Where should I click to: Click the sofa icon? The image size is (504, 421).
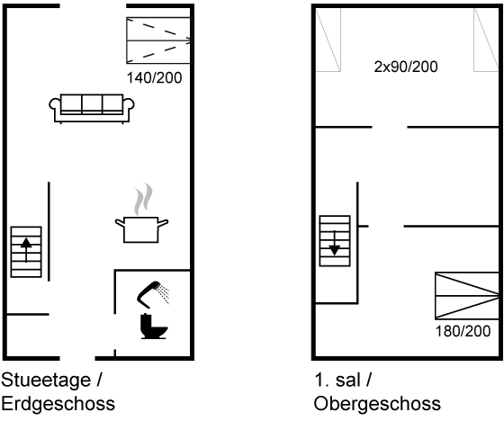click(x=92, y=109)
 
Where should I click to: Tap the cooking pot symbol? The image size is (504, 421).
click(x=141, y=229)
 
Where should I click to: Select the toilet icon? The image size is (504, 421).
click(x=154, y=327)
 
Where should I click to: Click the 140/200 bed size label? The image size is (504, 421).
click(x=154, y=77)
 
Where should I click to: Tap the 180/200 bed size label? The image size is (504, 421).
click(x=463, y=331)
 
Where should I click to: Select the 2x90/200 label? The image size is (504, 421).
click(x=406, y=67)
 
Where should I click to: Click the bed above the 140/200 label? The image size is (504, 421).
click(x=158, y=40)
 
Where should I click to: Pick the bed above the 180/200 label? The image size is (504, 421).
click(x=467, y=296)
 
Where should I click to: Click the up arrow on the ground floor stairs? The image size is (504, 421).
click(x=26, y=250)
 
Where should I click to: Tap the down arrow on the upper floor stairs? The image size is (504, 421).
click(x=335, y=243)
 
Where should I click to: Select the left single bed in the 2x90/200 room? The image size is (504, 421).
click(x=328, y=40)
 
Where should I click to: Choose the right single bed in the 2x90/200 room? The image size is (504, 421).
click(x=486, y=40)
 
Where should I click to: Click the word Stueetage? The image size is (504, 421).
click(x=46, y=381)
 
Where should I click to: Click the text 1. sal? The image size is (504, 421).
click(x=337, y=380)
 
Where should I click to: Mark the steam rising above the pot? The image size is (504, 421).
click(x=143, y=199)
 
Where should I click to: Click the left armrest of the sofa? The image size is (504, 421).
click(x=55, y=104)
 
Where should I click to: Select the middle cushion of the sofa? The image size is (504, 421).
click(x=92, y=103)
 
